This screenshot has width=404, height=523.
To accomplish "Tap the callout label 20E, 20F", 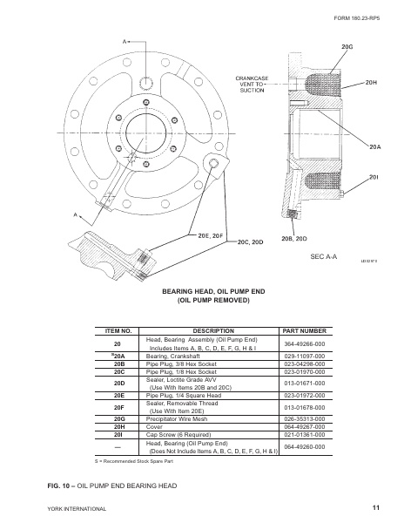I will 211,235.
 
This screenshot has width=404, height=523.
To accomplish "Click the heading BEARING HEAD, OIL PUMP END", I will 201,289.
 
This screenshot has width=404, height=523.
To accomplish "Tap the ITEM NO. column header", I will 118,331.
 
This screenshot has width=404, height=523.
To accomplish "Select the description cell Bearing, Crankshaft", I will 174,357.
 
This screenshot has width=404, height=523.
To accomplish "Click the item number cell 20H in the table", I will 118,427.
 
